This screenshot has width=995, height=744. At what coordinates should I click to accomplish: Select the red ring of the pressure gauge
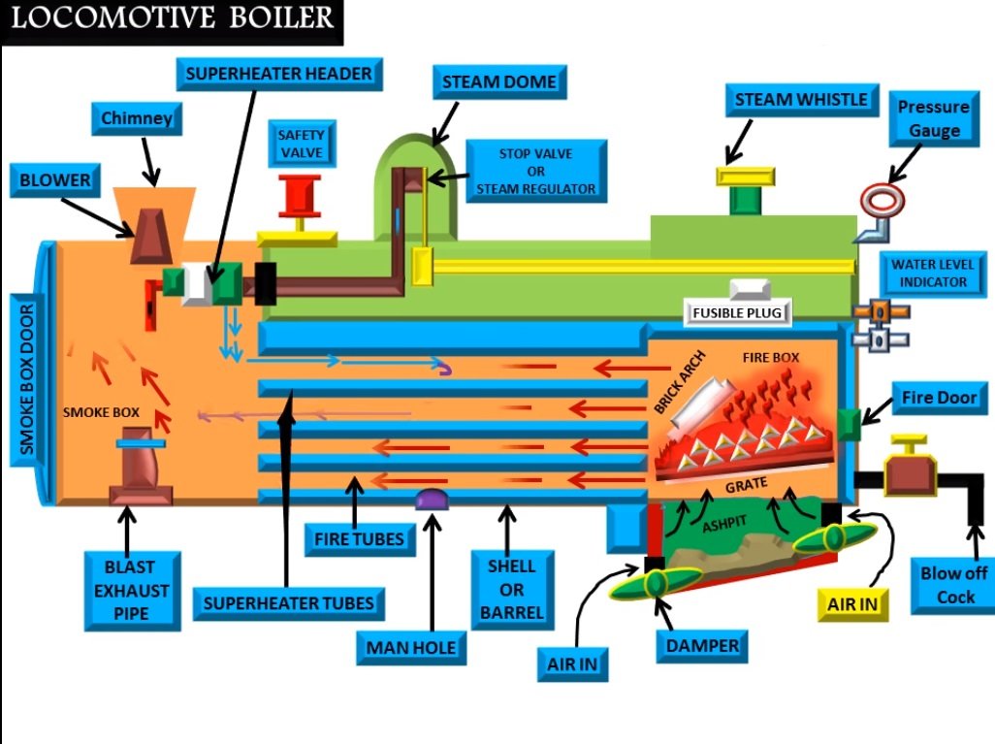tap(882, 199)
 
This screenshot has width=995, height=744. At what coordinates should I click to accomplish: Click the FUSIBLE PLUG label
tap(736, 313)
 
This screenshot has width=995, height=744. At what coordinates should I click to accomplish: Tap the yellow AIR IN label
tap(852, 602)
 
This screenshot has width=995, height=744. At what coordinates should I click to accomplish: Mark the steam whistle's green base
tap(745, 201)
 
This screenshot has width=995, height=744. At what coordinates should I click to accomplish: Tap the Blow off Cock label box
tap(954, 585)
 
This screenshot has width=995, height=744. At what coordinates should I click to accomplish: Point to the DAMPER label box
tap(703, 645)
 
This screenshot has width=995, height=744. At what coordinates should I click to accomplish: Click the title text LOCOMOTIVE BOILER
tap(172, 19)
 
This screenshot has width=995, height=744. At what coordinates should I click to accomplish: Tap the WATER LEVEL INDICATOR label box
tap(930, 274)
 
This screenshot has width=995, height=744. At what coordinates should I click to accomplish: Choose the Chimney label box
tap(137, 119)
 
